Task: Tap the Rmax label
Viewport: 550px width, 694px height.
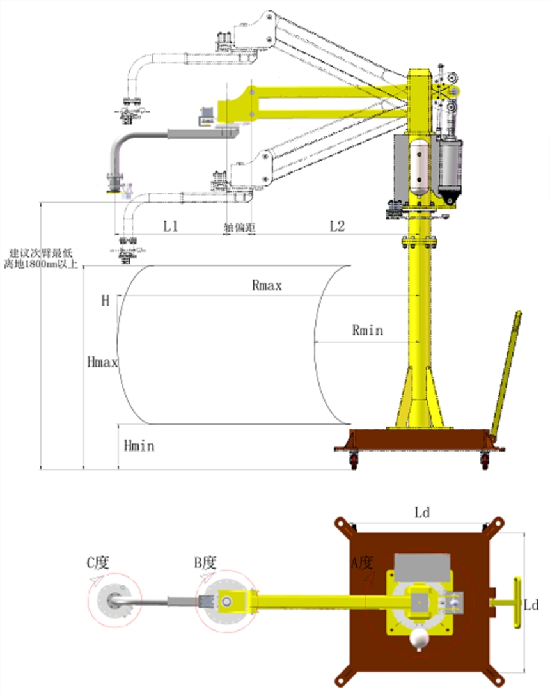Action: point(267,286)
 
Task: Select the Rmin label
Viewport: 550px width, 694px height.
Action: point(368,330)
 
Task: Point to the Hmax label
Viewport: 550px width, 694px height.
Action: point(102,362)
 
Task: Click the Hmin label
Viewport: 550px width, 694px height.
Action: point(139,445)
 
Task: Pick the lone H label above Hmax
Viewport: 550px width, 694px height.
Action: point(106,299)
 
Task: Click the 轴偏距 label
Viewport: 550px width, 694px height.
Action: point(239,226)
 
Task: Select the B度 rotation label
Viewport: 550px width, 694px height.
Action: point(205,563)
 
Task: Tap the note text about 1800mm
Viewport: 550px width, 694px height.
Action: point(40,257)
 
